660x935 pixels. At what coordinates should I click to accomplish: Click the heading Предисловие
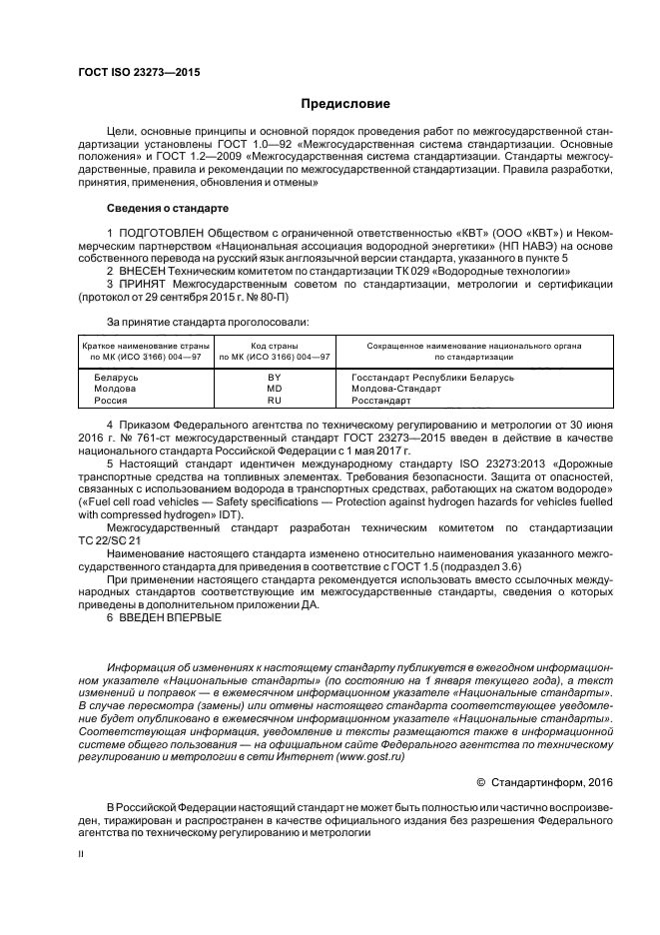346,104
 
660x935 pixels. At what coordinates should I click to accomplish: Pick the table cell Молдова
115,389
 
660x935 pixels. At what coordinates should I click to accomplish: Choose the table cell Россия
111,400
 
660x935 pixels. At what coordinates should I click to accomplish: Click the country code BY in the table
275,378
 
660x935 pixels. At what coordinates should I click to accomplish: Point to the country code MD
275,389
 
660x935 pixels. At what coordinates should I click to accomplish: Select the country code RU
275,400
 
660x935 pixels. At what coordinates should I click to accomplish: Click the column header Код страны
275,345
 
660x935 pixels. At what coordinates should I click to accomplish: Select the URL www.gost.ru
371,758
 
